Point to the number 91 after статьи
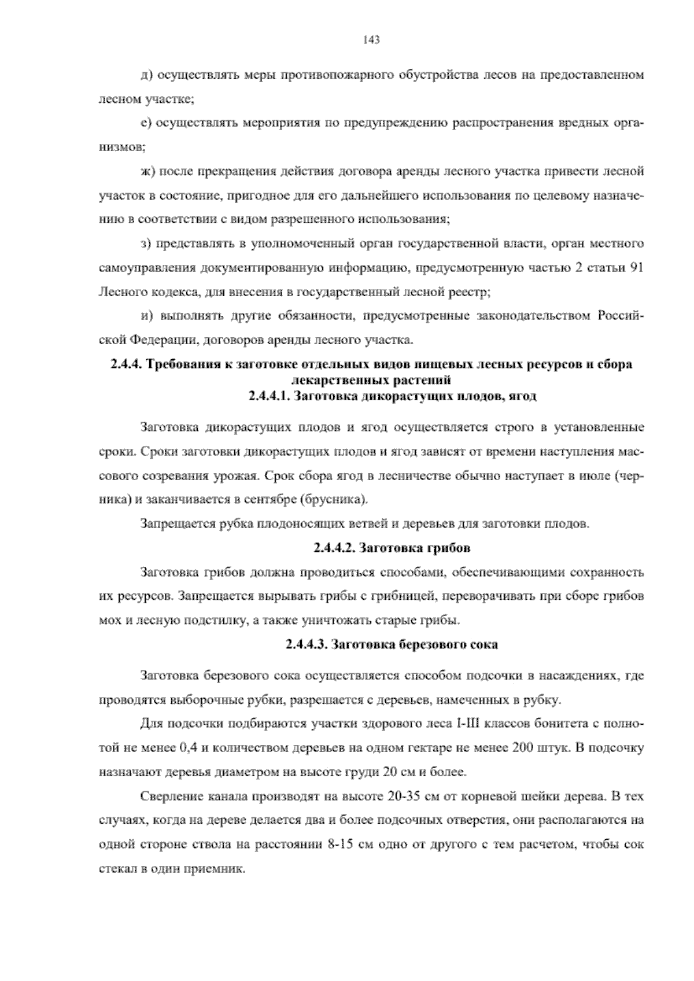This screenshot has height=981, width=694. click(x=636, y=269)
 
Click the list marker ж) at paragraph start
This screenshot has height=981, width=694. click(x=148, y=172)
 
